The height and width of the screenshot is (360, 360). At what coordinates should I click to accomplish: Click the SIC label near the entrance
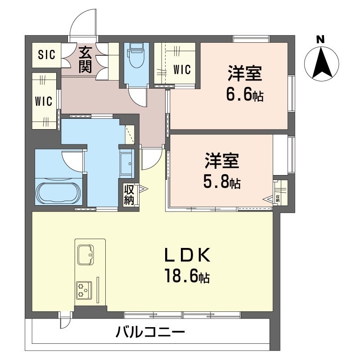[46, 55]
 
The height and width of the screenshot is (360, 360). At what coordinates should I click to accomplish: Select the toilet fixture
[135, 56]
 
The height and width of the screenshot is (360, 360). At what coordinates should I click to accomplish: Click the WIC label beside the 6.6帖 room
[182, 70]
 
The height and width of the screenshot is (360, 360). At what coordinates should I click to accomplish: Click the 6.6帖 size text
[245, 96]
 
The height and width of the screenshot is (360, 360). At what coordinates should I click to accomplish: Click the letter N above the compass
[320, 40]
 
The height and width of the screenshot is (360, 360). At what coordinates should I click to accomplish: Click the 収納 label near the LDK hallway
[129, 194]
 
